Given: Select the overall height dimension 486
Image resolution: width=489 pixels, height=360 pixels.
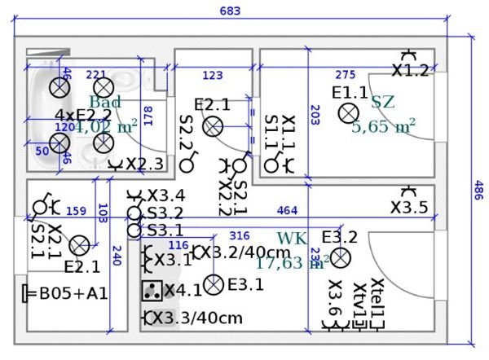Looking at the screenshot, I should [479, 192].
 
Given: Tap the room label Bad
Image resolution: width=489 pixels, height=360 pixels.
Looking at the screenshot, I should [105, 102].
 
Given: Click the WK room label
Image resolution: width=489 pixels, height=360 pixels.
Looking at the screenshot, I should [293, 238].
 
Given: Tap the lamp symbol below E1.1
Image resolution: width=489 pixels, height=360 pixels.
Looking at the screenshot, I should [350, 112].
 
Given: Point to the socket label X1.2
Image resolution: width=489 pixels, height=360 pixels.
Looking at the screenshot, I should [410, 71].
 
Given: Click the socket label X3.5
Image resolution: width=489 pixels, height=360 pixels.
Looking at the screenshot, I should [408, 208].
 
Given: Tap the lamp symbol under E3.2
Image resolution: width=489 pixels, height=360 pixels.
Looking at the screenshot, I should [339, 258].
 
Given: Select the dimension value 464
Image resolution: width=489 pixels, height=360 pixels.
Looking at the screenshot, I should [287, 212].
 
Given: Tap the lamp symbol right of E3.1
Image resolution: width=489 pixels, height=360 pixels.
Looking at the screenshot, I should [214, 284].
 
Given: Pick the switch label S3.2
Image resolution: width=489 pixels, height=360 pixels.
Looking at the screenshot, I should [165, 213].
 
